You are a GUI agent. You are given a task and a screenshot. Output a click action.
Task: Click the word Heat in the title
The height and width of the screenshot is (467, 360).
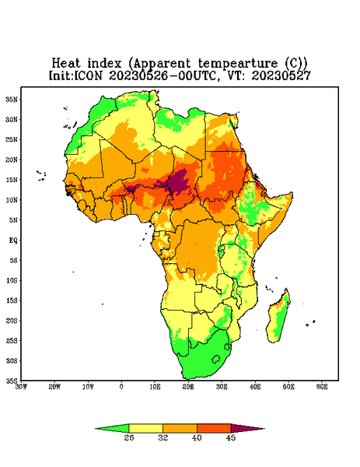pyautogui.click(x=66, y=64)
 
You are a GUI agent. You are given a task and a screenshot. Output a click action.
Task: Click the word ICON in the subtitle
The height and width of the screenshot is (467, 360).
pyautogui.click(x=88, y=75)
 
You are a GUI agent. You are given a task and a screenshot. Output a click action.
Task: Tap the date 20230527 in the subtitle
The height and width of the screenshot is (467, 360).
pyautogui.click(x=281, y=75)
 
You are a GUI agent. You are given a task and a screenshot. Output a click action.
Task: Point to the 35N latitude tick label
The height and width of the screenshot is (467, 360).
pyautogui.click(x=12, y=99)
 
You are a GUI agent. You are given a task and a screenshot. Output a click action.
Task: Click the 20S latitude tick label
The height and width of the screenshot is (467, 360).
pyautogui.click(x=12, y=321)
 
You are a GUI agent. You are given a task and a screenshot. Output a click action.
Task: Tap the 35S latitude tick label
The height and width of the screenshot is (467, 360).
pyautogui.click(x=12, y=381)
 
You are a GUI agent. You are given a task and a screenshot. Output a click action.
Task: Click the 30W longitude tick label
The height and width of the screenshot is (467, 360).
pyautogui.click(x=21, y=387)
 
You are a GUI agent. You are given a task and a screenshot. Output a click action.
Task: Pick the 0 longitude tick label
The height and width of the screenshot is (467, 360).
pyautogui.click(x=121, y=387)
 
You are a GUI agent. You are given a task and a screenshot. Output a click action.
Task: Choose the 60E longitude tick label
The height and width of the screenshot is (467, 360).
pyautogui.click(x=322, y=387)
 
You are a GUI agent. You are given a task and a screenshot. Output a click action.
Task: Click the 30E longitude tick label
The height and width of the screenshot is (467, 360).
pyautogui.click(x=222, y=387)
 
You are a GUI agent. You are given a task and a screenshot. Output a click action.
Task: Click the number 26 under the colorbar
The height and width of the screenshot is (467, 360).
pyautogui.click(x=129, y=437)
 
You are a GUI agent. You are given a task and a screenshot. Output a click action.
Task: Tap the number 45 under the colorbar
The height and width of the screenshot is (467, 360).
pyautogui.click(x=231, y=437)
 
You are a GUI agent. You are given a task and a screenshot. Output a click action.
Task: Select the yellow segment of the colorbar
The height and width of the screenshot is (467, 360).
pyautogui.click(x=145, y=428)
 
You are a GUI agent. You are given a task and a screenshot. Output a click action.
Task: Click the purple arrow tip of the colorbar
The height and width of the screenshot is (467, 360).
pyautogui.click(x=264, y=429)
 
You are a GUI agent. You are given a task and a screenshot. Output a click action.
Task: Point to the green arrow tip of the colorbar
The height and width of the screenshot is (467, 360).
pyautogui.click(x=96, y=429)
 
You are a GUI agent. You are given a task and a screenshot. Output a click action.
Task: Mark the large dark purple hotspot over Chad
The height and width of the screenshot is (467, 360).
pyautogui.click(x=179, y=182)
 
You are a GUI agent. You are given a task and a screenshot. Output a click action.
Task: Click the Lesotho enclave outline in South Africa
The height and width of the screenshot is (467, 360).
pyautogui.click(x=216, y=359)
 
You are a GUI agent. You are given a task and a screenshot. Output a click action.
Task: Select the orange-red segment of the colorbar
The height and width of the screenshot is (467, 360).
pyautogui.click(x=214, y=428)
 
